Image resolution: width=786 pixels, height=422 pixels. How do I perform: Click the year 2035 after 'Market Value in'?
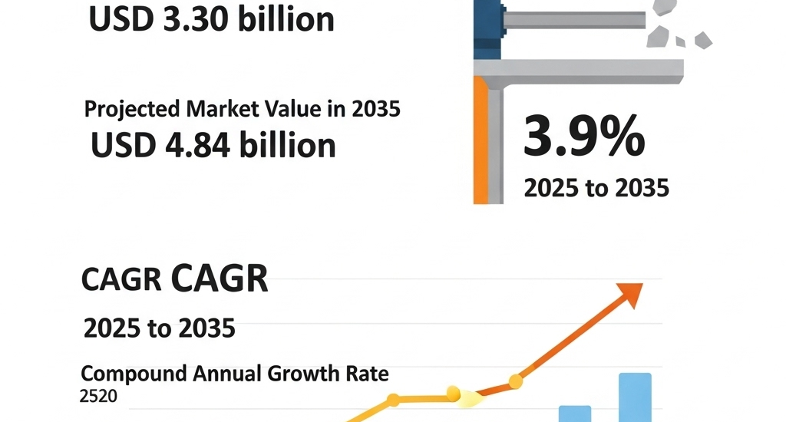375,109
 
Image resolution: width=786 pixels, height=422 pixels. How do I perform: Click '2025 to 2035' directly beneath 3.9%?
596,187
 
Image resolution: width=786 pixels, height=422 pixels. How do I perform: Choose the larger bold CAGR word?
220,280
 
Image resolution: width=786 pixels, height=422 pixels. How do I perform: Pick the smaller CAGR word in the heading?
121,282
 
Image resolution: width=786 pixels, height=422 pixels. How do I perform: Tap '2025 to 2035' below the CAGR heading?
159,328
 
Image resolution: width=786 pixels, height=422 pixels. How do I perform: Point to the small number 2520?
98,396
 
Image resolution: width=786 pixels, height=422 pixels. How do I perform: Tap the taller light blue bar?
635,397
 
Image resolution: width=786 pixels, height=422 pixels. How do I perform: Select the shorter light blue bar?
574,413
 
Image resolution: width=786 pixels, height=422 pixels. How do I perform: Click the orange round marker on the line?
516,381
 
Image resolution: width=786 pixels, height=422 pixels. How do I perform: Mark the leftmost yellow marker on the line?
393,400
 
